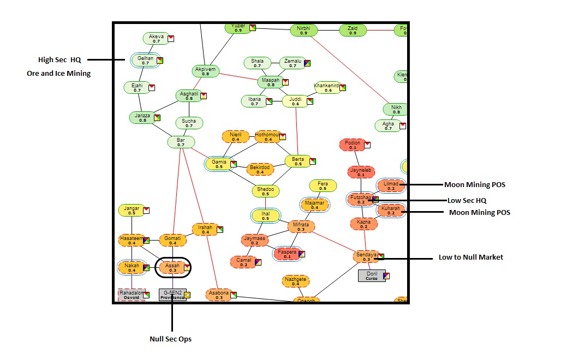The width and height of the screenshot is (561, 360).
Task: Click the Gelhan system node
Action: pos(145,60)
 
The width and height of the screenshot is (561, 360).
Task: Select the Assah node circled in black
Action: pos(173,268)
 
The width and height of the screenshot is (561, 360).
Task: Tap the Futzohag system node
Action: pos(361,200)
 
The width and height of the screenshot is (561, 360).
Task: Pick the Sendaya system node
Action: pos(366,257)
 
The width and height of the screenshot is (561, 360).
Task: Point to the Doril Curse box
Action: pos(371,275)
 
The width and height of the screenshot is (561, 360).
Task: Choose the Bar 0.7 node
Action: pos(181,142)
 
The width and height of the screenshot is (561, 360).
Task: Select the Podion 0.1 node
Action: pos(353,145)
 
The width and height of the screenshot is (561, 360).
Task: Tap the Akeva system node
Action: pos(157,39)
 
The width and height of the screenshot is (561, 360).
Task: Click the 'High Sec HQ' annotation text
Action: pos(59,59)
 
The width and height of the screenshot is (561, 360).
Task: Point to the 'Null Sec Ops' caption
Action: pos(170,339)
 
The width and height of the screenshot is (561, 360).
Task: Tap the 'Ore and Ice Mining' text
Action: pos(59,73)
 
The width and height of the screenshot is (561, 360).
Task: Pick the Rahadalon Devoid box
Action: pos(132,295)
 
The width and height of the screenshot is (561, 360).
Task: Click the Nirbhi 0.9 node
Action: pos(303,31)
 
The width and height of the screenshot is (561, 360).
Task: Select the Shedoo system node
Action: pos(265,191)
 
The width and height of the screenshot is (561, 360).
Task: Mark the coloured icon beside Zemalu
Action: pos(307,63)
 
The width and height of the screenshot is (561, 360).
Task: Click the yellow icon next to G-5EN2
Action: pos(187,295)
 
